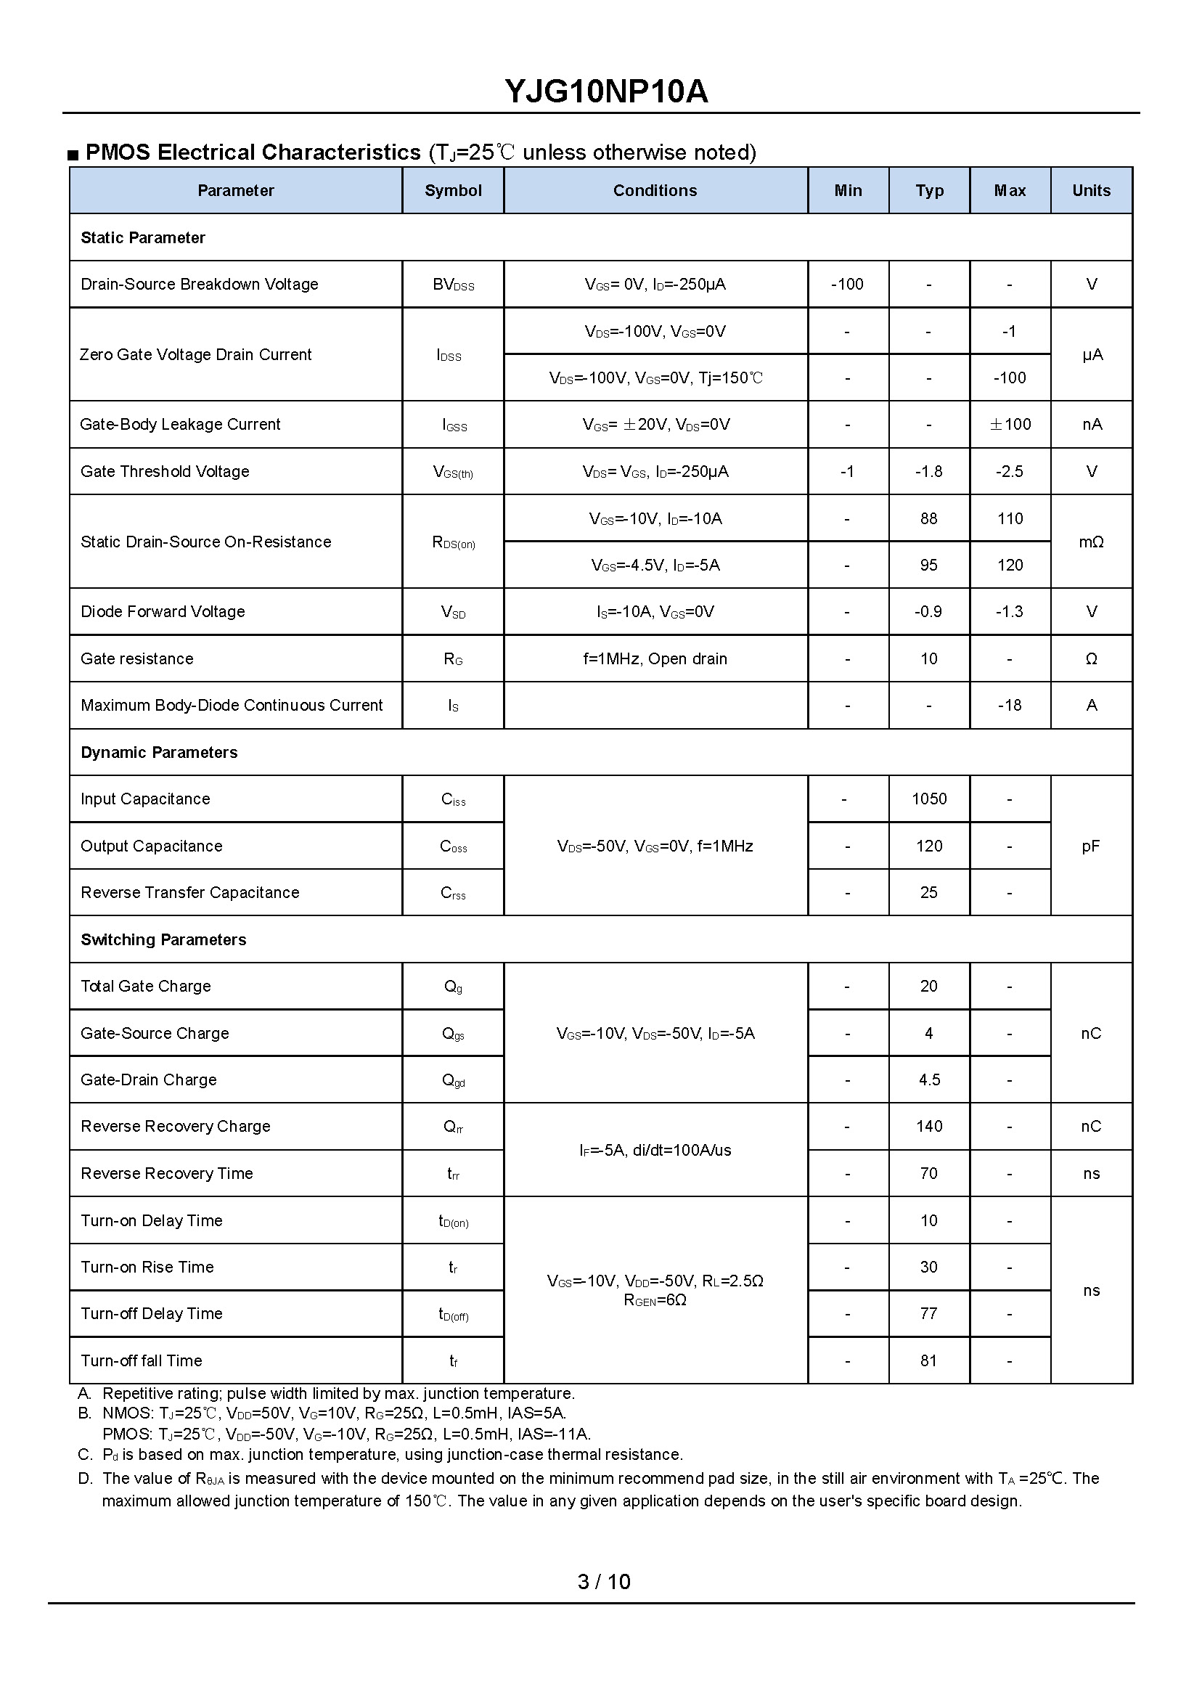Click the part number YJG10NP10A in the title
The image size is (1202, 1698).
click(x=606, y=91)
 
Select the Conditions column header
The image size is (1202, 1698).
click(x=655, y=191)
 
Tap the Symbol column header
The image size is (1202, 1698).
click(x=453, y=191)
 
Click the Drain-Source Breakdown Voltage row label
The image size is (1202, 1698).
click(x=199, y=285)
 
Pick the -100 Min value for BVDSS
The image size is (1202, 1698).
click(x=848, y=285)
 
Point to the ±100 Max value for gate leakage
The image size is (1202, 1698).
click(x=1010, y=424)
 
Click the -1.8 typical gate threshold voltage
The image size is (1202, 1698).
click(x=929, y=471)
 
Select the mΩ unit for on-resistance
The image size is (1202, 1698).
click(x=1091, y=542)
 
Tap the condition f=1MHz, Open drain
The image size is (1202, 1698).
click(x=655, y=658)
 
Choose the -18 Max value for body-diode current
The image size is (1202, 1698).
click(x=1010, y=706)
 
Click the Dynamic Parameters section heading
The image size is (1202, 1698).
click(x=159, y=752)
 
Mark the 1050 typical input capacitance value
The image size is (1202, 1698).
click(x=929, y=799)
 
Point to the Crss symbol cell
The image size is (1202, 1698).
click(x=453, y=894)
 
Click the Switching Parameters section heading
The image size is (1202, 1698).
click(x=163, y=939)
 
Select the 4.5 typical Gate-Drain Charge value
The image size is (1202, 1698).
click(x=929, y=1080)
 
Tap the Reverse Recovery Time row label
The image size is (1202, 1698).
click(x=166, y=1173)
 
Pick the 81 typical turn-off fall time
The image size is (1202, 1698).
click(x=929, y=1360)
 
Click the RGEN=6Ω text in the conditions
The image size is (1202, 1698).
click(x=655, y=1300)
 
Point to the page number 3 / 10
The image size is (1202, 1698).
click(x=604, y=1582)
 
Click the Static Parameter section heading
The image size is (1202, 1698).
click(x=143, y=237)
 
